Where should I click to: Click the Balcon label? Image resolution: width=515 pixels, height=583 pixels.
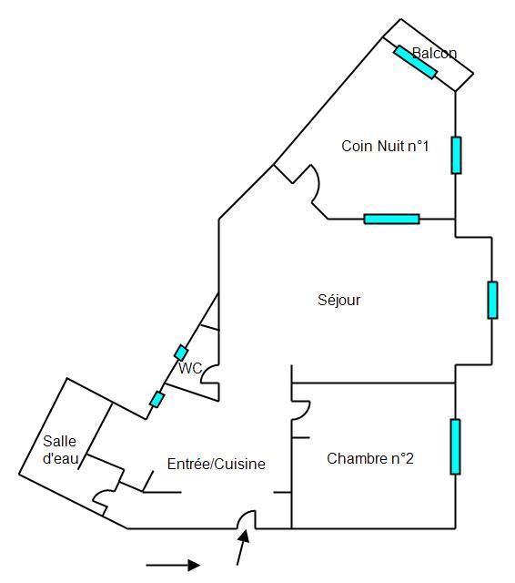tap(434, 53)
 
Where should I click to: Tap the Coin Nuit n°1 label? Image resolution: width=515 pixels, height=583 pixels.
tap(385, 146)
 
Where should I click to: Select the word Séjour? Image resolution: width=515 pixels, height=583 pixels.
tap(339, 301)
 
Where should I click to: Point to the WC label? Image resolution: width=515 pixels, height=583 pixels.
tap(190, 368)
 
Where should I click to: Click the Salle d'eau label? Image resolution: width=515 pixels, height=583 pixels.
tap(61, 450)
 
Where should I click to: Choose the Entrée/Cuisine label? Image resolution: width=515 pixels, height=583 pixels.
tap(216, 464)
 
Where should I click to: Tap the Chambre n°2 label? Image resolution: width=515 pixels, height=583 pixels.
tap(370, 458)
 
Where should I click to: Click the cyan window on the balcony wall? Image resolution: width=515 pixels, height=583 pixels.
tap(415, 62)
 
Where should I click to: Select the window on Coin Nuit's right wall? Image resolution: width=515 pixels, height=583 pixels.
tap(457, 155)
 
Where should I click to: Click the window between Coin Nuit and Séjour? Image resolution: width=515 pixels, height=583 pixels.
tap(392, 219)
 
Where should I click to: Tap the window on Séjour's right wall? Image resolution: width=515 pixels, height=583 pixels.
tap(492, 300)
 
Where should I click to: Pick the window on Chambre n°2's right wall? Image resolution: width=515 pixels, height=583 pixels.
tap(455, 446)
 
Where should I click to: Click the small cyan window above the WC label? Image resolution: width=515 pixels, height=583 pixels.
tap(181, 353)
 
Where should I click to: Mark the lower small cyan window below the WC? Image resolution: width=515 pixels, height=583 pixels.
tap(157, 400)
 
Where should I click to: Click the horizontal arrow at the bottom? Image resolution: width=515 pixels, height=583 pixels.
tap(173, 565)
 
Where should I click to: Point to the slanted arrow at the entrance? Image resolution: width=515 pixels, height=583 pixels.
tap(243, 547)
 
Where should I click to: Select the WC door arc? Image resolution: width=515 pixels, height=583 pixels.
tap(208, 373)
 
